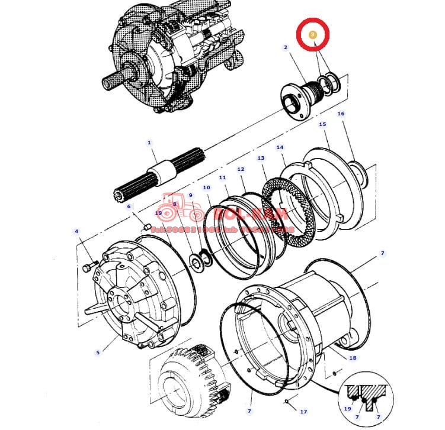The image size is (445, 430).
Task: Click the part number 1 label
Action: coord(149,143)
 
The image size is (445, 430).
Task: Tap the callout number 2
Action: coord(286,47)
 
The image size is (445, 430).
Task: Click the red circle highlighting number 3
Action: coord(312,35)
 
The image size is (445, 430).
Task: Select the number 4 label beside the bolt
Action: coord(76,231)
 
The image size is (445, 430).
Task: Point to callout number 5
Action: coord(98,353)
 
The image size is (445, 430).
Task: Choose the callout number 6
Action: coord(129,206)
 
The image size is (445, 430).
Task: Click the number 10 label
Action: coord(206,188)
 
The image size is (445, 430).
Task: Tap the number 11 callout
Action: coord(222,177)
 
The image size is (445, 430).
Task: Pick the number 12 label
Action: coord(241,170)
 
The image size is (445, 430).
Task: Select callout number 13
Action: coord(261,159)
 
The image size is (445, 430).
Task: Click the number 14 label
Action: coord(280,147)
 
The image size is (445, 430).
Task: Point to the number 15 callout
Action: coord(322,125)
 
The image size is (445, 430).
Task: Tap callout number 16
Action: coord(341,114)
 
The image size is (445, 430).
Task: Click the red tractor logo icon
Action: coord(177,206)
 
